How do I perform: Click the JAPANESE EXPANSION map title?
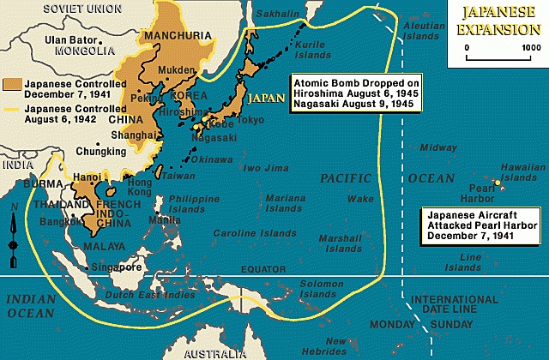(x=498, y=19)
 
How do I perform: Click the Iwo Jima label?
(x=264, y=168)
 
